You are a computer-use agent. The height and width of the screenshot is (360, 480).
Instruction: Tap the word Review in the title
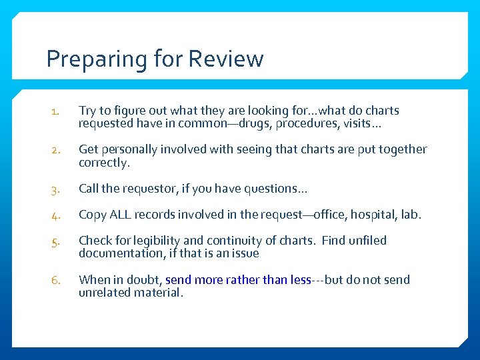click(x=226, y=59)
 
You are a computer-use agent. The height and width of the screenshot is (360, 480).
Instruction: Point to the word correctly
click(x=102, y=163)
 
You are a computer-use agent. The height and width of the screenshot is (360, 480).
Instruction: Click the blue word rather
click(x=243, y=280)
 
